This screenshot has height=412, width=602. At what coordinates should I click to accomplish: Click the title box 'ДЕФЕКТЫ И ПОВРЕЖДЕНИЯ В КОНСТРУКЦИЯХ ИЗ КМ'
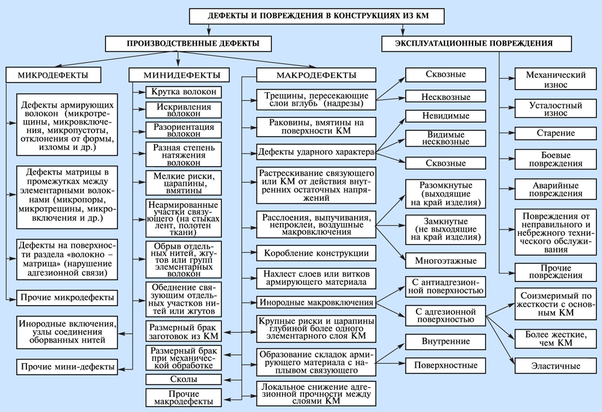(x=318, y=16)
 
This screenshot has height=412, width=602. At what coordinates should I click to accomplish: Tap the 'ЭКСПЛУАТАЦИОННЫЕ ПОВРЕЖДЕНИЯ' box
(x=474, y=43)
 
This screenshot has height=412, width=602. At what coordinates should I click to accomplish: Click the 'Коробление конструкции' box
(x=316, y=252)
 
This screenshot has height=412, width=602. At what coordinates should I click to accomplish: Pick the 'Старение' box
(x=547, y=133)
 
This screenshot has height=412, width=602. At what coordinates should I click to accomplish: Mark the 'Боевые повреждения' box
(x=547, y=159)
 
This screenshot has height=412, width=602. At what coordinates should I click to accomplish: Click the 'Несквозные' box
(x=445, y=96)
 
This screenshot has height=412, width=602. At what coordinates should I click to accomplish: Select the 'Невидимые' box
(x=445, y=117)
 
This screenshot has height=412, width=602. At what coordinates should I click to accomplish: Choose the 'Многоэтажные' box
(x=445, y=261)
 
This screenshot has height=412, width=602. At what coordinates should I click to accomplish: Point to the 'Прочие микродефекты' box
(x=66, y=298)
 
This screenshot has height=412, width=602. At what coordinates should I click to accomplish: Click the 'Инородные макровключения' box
(x=316, y=301)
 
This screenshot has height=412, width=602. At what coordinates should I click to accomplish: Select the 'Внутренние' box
(x=445, y=342)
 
